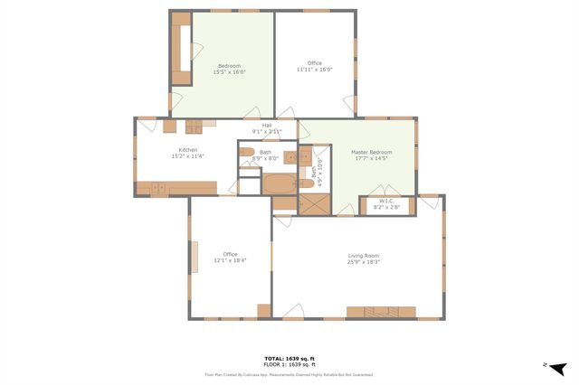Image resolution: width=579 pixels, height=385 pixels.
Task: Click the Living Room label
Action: point(363,256)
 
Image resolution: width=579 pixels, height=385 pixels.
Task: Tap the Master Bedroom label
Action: point(372,152)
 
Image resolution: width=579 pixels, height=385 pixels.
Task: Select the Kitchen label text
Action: point(187,150)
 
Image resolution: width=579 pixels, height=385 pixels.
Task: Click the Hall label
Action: point(267,126)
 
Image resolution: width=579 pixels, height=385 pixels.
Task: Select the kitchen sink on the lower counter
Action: point(157,188)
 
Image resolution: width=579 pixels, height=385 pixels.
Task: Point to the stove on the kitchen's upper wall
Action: point(195,127)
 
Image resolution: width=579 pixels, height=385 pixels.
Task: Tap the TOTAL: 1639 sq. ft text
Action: point(289,357)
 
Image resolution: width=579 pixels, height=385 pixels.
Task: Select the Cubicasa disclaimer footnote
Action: point(289,374)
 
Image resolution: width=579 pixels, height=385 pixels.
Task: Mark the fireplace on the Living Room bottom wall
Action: point(380,312)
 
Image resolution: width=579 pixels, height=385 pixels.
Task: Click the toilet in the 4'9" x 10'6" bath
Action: point(306,183)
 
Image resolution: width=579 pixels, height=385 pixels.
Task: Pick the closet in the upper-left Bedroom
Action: point(181,50)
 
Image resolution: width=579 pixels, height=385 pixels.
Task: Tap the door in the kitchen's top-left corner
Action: point(147,126)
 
